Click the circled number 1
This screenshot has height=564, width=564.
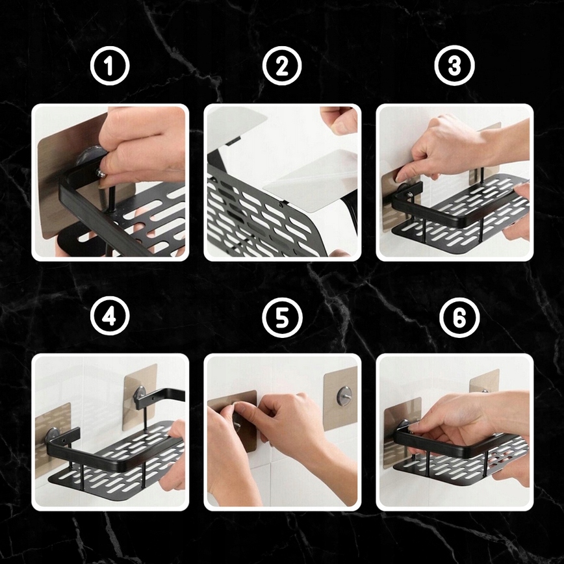[109, 66]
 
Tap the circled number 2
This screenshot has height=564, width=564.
[282, 66]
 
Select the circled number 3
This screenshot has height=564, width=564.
[454, 65]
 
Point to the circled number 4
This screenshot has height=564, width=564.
[110, 316]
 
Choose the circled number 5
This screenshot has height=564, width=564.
[282, 317]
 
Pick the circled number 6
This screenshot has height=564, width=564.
[459, 317]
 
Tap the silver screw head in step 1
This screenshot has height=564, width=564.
[102, 173]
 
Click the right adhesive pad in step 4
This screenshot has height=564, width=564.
[140, 397]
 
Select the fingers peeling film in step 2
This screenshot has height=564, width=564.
[338, 119]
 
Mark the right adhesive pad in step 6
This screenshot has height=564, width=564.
[484, 381]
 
